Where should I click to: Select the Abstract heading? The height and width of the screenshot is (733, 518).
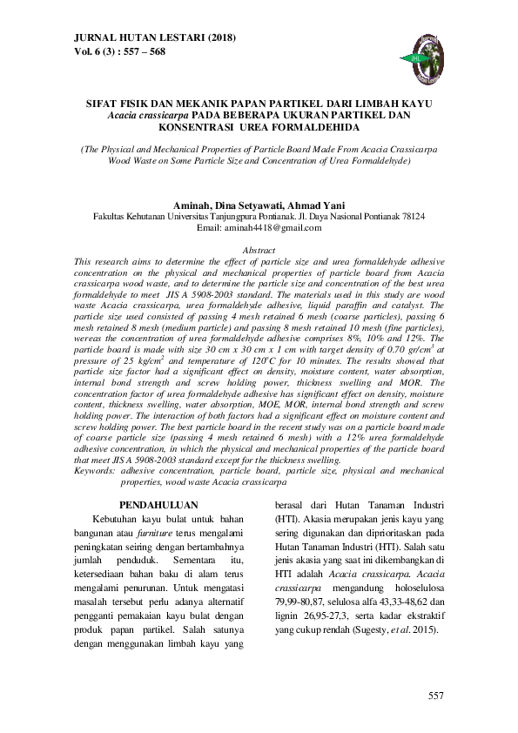(259, 250)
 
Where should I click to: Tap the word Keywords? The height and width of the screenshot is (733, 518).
(94, 470)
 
